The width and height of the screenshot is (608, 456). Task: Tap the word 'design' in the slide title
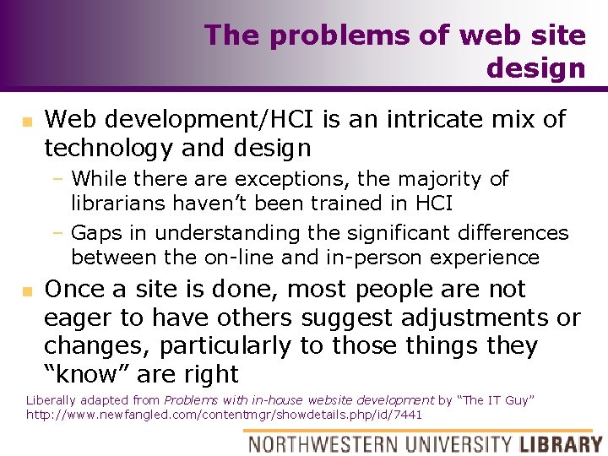point(535,68)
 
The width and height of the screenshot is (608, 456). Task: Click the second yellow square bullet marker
point(27,291)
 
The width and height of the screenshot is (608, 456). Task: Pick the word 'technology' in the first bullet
point(107,149)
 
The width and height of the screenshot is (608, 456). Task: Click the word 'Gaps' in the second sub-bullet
point(95,232)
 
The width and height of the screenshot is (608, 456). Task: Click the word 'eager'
point(79,318)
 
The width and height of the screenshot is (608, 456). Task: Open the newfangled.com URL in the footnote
point(224,415)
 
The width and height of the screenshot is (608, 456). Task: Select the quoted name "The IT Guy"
point(504,400)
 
